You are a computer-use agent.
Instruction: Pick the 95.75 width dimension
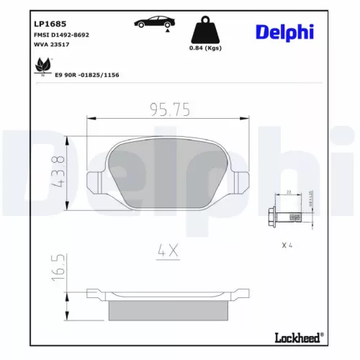coord(169,109)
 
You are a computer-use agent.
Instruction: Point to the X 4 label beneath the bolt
coord(287,245)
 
